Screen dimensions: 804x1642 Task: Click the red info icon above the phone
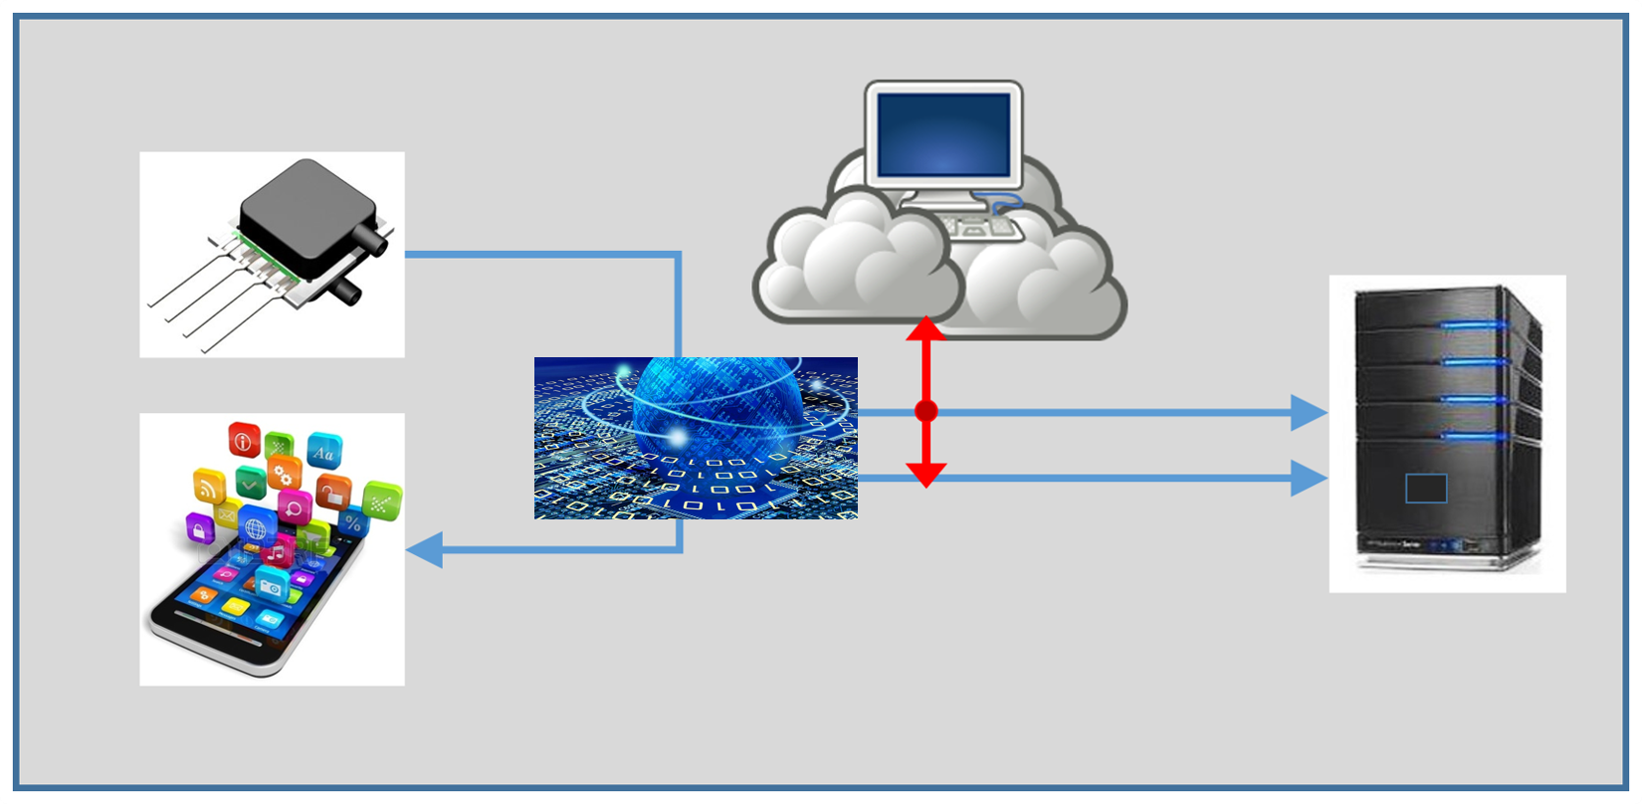244,439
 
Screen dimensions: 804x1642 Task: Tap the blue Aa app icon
323,453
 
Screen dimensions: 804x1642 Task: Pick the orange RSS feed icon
209,487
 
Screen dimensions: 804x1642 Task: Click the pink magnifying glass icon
295,507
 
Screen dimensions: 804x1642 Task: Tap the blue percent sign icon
352,521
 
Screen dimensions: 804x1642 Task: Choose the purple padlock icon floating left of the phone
200,527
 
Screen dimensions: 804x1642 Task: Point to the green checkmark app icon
249,485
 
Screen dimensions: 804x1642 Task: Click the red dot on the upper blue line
925,411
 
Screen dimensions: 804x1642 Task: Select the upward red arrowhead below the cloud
925,328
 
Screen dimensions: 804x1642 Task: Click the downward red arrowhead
925,475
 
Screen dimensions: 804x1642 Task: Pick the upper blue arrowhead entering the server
1309,412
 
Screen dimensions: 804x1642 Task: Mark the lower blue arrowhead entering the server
1309,479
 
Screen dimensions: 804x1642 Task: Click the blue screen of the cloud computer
943,134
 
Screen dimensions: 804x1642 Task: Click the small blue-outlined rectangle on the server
1426,489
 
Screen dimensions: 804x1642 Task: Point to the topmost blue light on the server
1473,324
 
